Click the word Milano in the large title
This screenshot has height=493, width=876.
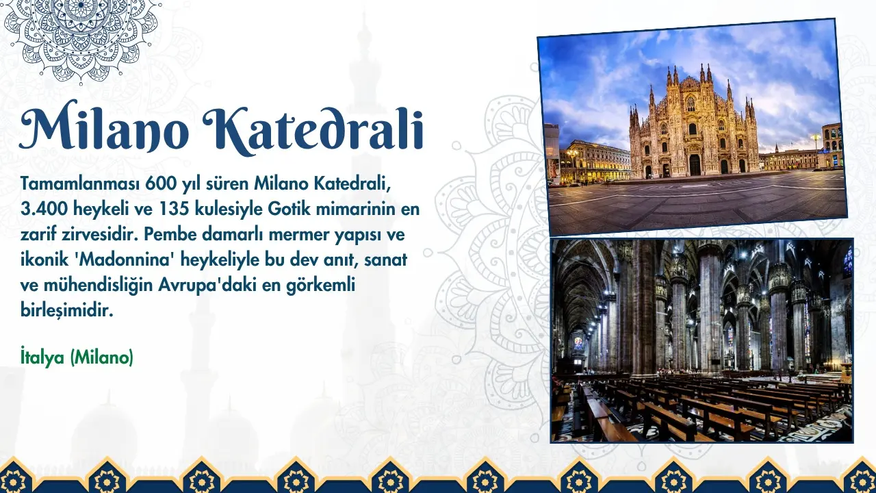(104, 126)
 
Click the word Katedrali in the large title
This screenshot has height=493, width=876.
(314, 127)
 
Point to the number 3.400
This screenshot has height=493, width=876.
(44, 210)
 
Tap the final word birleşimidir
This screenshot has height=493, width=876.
(67, 311)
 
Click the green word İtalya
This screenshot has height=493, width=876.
(42, 357)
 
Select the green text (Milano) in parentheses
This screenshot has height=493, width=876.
(102, 357)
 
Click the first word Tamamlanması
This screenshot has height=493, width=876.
(80, 184)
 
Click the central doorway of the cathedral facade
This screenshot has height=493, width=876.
(695, 165)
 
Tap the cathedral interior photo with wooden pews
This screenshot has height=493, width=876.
(702, 340)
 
